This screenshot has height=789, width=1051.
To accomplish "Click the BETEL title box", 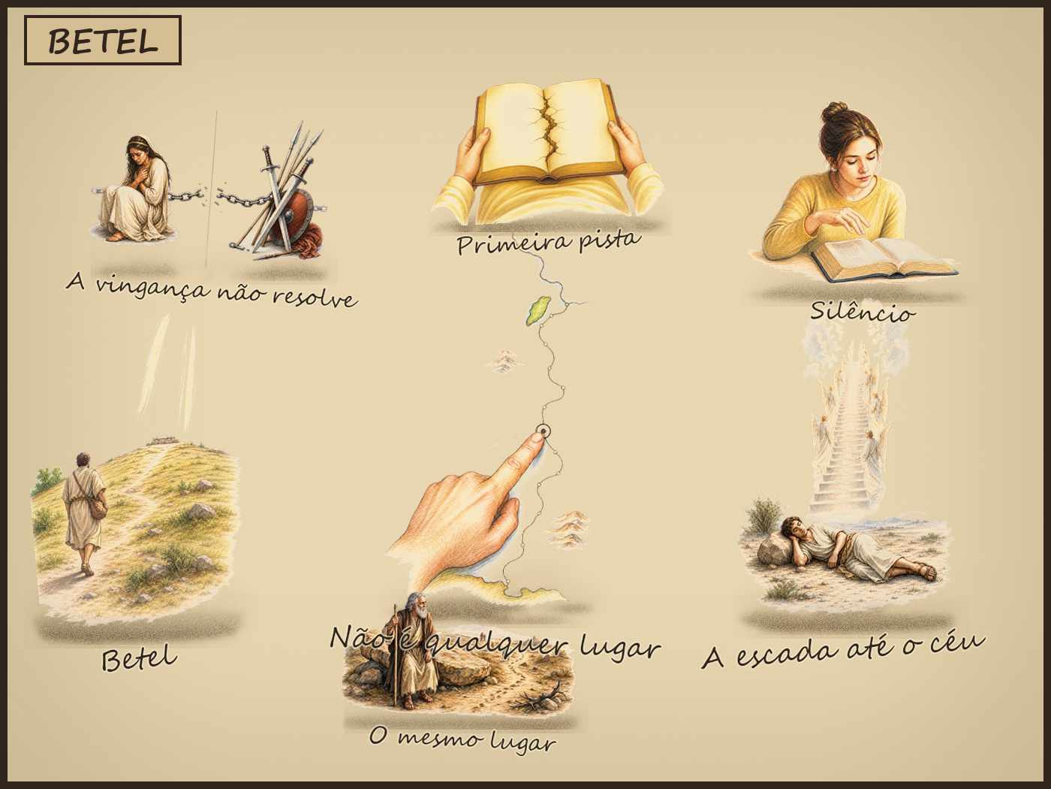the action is (102, 41).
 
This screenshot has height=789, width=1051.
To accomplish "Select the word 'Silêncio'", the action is (863, 312).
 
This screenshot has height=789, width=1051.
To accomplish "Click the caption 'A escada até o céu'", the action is (844, 650).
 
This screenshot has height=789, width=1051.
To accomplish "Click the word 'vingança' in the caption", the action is (153, 289).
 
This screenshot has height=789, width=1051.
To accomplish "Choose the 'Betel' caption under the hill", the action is (140, 658).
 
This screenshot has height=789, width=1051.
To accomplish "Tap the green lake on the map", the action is (538, 310).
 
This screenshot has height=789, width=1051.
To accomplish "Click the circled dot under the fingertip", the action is (544, 431).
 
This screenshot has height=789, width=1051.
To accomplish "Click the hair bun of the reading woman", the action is (836, 113).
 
